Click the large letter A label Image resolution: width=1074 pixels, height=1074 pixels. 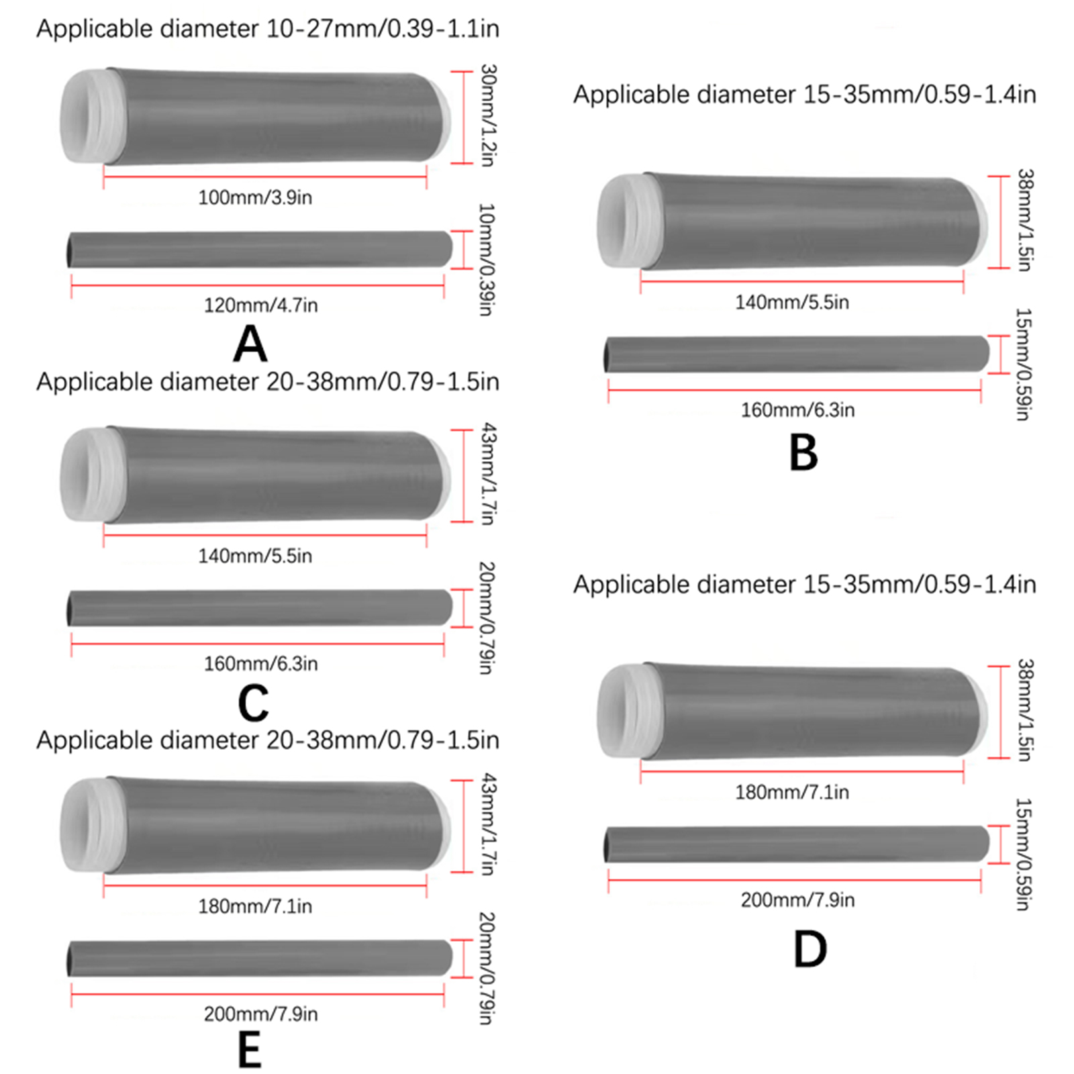tap(250, 344)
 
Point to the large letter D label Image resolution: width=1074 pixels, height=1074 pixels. tap(810, 949)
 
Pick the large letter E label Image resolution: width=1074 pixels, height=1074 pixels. tap(249, 1050)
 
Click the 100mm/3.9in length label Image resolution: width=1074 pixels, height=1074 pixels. tap(255, 197)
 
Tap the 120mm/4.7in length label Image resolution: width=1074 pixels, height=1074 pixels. tap(260, 305)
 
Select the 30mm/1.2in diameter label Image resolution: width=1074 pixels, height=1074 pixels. tap(488, 115)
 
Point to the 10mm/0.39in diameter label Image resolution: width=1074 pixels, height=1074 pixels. tap(486, 259)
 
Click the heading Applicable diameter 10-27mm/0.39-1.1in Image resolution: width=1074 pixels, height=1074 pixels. tap(267, 29)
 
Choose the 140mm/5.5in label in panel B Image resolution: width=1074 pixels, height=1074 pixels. tap(792, 302)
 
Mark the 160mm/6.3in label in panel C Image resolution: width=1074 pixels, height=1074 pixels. tap(260, 664)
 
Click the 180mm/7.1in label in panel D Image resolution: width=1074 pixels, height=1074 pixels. tap(792, 792)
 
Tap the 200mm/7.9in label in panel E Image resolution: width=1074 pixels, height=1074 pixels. tap(260, 1014)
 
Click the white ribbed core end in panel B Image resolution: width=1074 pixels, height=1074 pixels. tap(622, 221)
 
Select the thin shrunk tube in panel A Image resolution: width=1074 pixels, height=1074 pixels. tap(259, 250)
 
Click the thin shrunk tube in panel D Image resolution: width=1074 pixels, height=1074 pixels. tap(796, 844)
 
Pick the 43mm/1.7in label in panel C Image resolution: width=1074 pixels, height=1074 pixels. tap(489, 474)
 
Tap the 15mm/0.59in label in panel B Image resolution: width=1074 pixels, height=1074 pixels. tap(1022, 364)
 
